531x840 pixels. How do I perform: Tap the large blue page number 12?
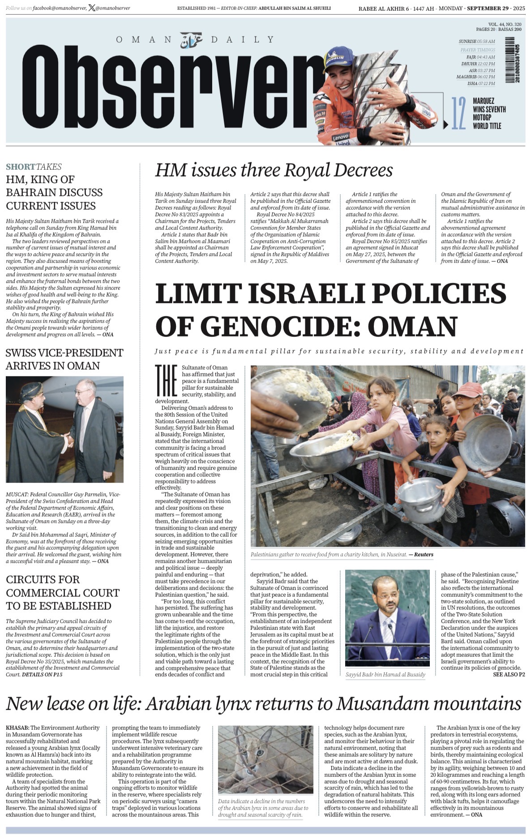[x=458, y=113]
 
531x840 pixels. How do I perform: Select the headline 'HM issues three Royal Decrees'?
[x=274, y=170]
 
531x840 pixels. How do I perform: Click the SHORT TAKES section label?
[x=34, y=167]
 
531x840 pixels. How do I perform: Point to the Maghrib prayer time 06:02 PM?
[x=486, y=77]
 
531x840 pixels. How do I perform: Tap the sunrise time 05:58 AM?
[x=486, y=42]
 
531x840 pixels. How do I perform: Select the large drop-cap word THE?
[x=166, y=381]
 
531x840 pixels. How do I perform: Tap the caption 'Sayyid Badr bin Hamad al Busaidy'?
[x=385, y=674]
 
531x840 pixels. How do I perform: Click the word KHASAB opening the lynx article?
[x=17, y=728]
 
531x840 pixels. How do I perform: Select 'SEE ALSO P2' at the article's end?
[x=509, y=674]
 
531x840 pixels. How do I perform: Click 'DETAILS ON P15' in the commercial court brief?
[x=42, y=674]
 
